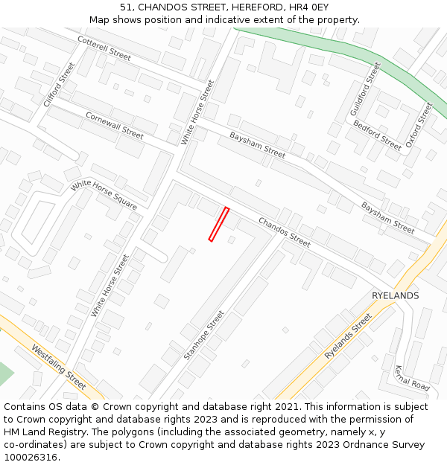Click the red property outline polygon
(x=218, y=224)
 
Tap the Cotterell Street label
(x=104, y=48)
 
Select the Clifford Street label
(x=60, y=84)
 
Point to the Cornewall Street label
(x=114, y=126)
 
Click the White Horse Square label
(x=104, y=194)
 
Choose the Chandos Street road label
(x=284, y=231)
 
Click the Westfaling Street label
(x=59, y=365)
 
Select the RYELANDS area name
(x=395, y=295)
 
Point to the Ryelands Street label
(x=348, y=336)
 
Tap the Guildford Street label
(x=365, y=89)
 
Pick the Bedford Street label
(x=377, y=135)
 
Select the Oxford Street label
(x=418, y=124)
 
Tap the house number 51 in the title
(x=126, y=7)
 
